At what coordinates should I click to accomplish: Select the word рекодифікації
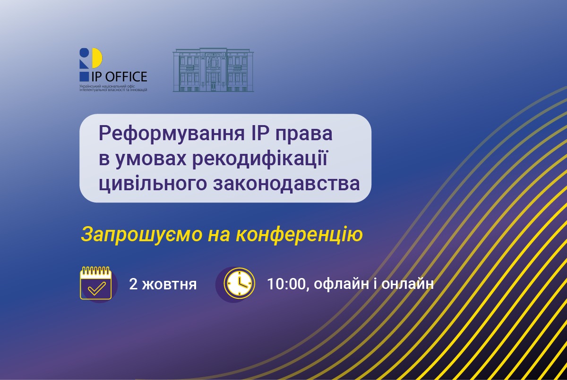tap(260, 159)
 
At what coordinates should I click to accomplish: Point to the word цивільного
tap(153, 184)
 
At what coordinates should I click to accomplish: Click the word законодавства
tap(286, 184)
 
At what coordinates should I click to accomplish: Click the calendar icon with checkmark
tap(96, 283)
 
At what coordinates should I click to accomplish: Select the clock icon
tap(239, 283)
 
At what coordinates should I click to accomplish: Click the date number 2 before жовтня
tap(133, 284)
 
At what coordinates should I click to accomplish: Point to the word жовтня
tap(169, 285)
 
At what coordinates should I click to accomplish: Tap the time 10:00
tap(286, 284)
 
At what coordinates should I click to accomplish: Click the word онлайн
tap(407, 284)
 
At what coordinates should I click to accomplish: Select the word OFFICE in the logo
tap(126, 76)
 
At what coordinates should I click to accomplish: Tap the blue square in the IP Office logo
tap(84, 76)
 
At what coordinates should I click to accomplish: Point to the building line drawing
tap(213, 70)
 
